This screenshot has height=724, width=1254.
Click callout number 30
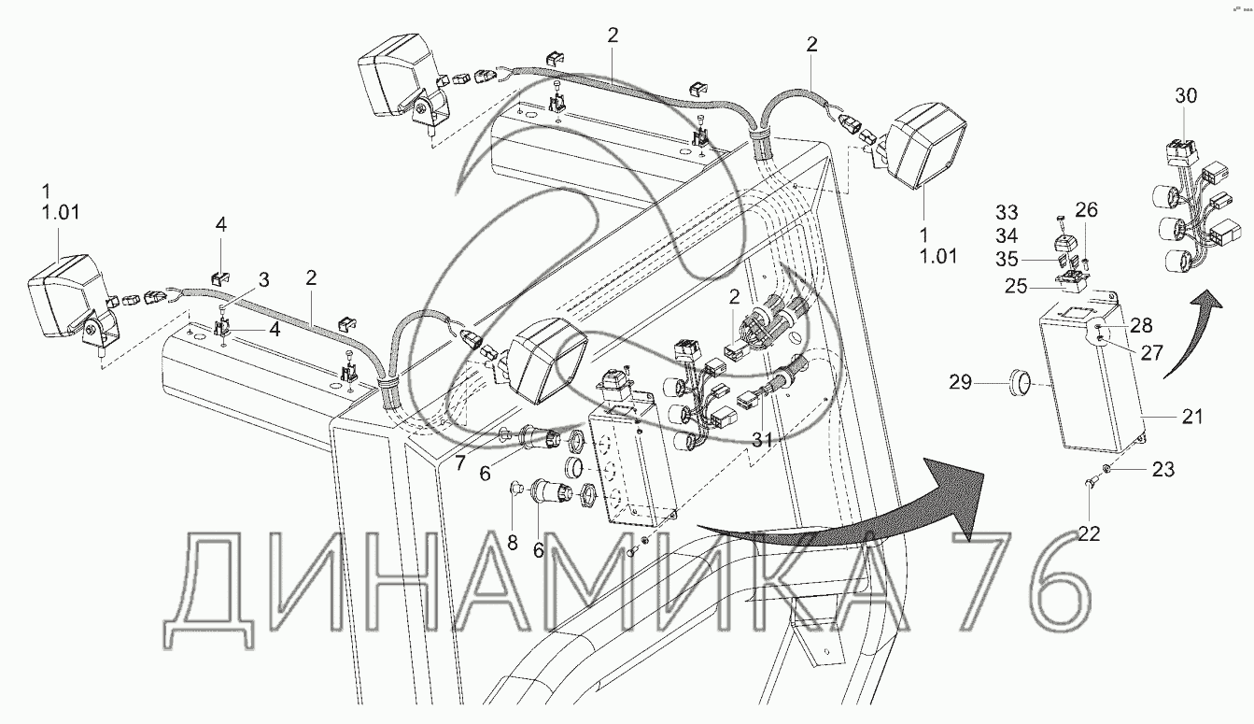pyautogui.click(x=1185, y=96)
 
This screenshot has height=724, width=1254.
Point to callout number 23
pyautogui.click(x=1163, y=469)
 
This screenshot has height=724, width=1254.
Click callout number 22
pyautogui.click(x=1090, y=533)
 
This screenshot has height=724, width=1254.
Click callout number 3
pyautogui.click(x=264, y=279)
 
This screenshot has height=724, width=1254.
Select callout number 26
pyautogui.click(x=1086, y=209)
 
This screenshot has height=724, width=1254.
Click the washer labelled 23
pyautogui.click(x=1107, y=467)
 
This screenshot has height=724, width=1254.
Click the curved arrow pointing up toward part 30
pyautogui.click(x=1195, y=327)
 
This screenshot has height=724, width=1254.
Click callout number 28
pyautogui.click(x=1140, y=325)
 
